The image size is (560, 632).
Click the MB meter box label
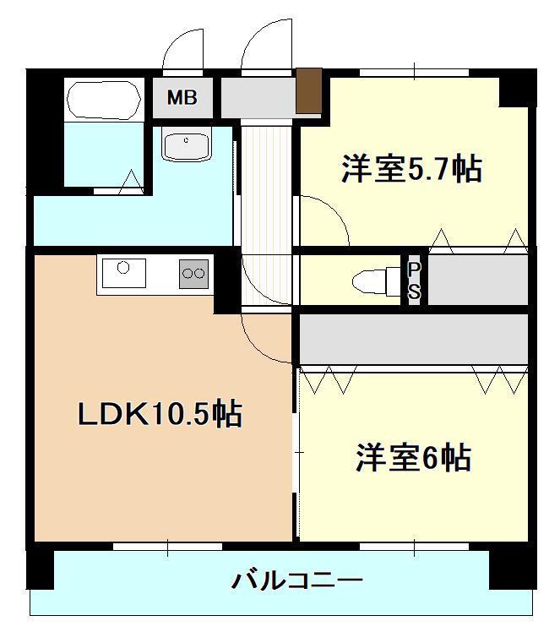pyautogui.click(x=182, y=98)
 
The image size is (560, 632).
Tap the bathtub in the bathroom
pyautogui.click(x=102, y=101)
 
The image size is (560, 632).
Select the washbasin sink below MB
pyautogui.click(x=185, y=145)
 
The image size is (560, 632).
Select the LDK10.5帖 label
pyautogui.click(x=160, y=414)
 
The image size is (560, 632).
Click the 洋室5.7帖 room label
pyautogui.click(x=411, y=169)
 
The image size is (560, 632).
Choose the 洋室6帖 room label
pyautogui.click(x=412, y=458)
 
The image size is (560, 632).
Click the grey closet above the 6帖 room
pyautogui.click(x=414, y=339)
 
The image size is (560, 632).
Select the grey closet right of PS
pyautogui.click(x=478, y=280)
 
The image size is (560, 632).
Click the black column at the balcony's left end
pyautogui.click(x=40, y=567)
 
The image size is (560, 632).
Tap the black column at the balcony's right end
pyautogui.click(x=512, y=567)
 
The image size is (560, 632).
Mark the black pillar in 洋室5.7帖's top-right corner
pyautogui.click(x=515, y=89)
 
